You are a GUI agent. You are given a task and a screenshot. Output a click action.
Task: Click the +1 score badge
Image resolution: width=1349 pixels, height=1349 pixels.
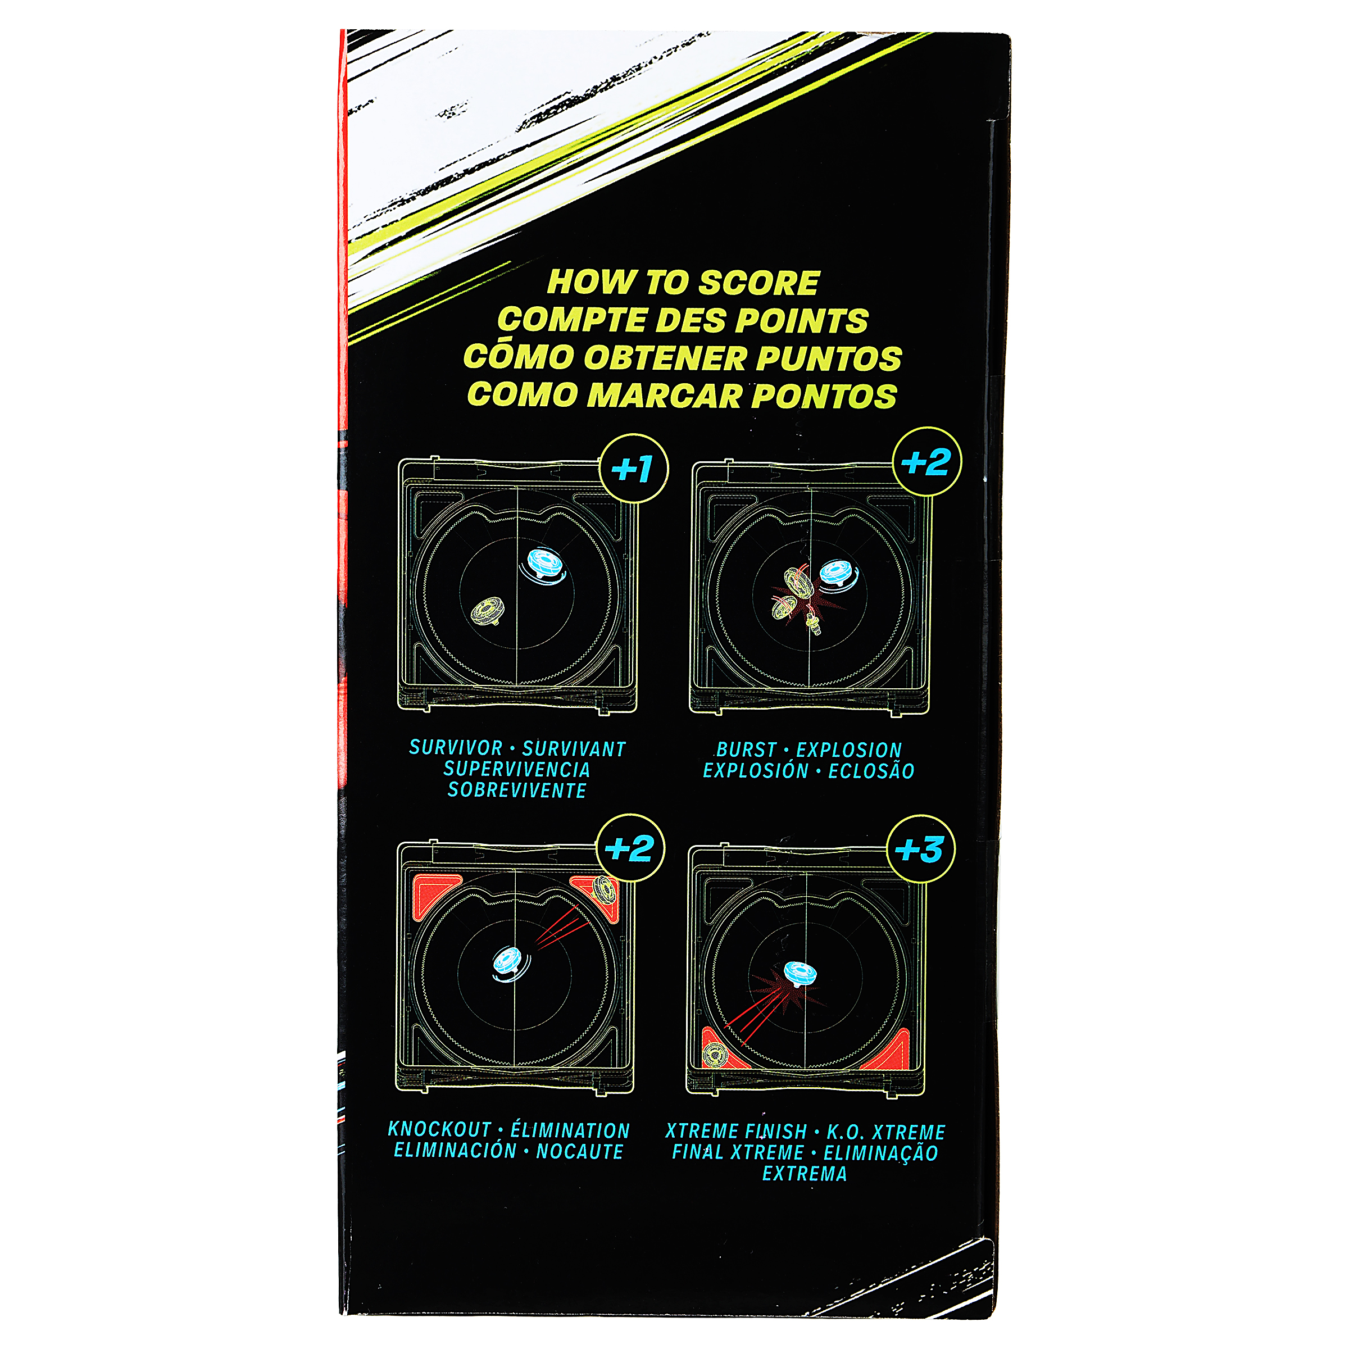tap(633, 469)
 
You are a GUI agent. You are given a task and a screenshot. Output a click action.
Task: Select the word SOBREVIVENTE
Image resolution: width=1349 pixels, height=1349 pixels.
tap(517, 791)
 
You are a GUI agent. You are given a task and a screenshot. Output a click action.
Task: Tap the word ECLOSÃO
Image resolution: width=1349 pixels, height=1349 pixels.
tap(871, 771)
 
